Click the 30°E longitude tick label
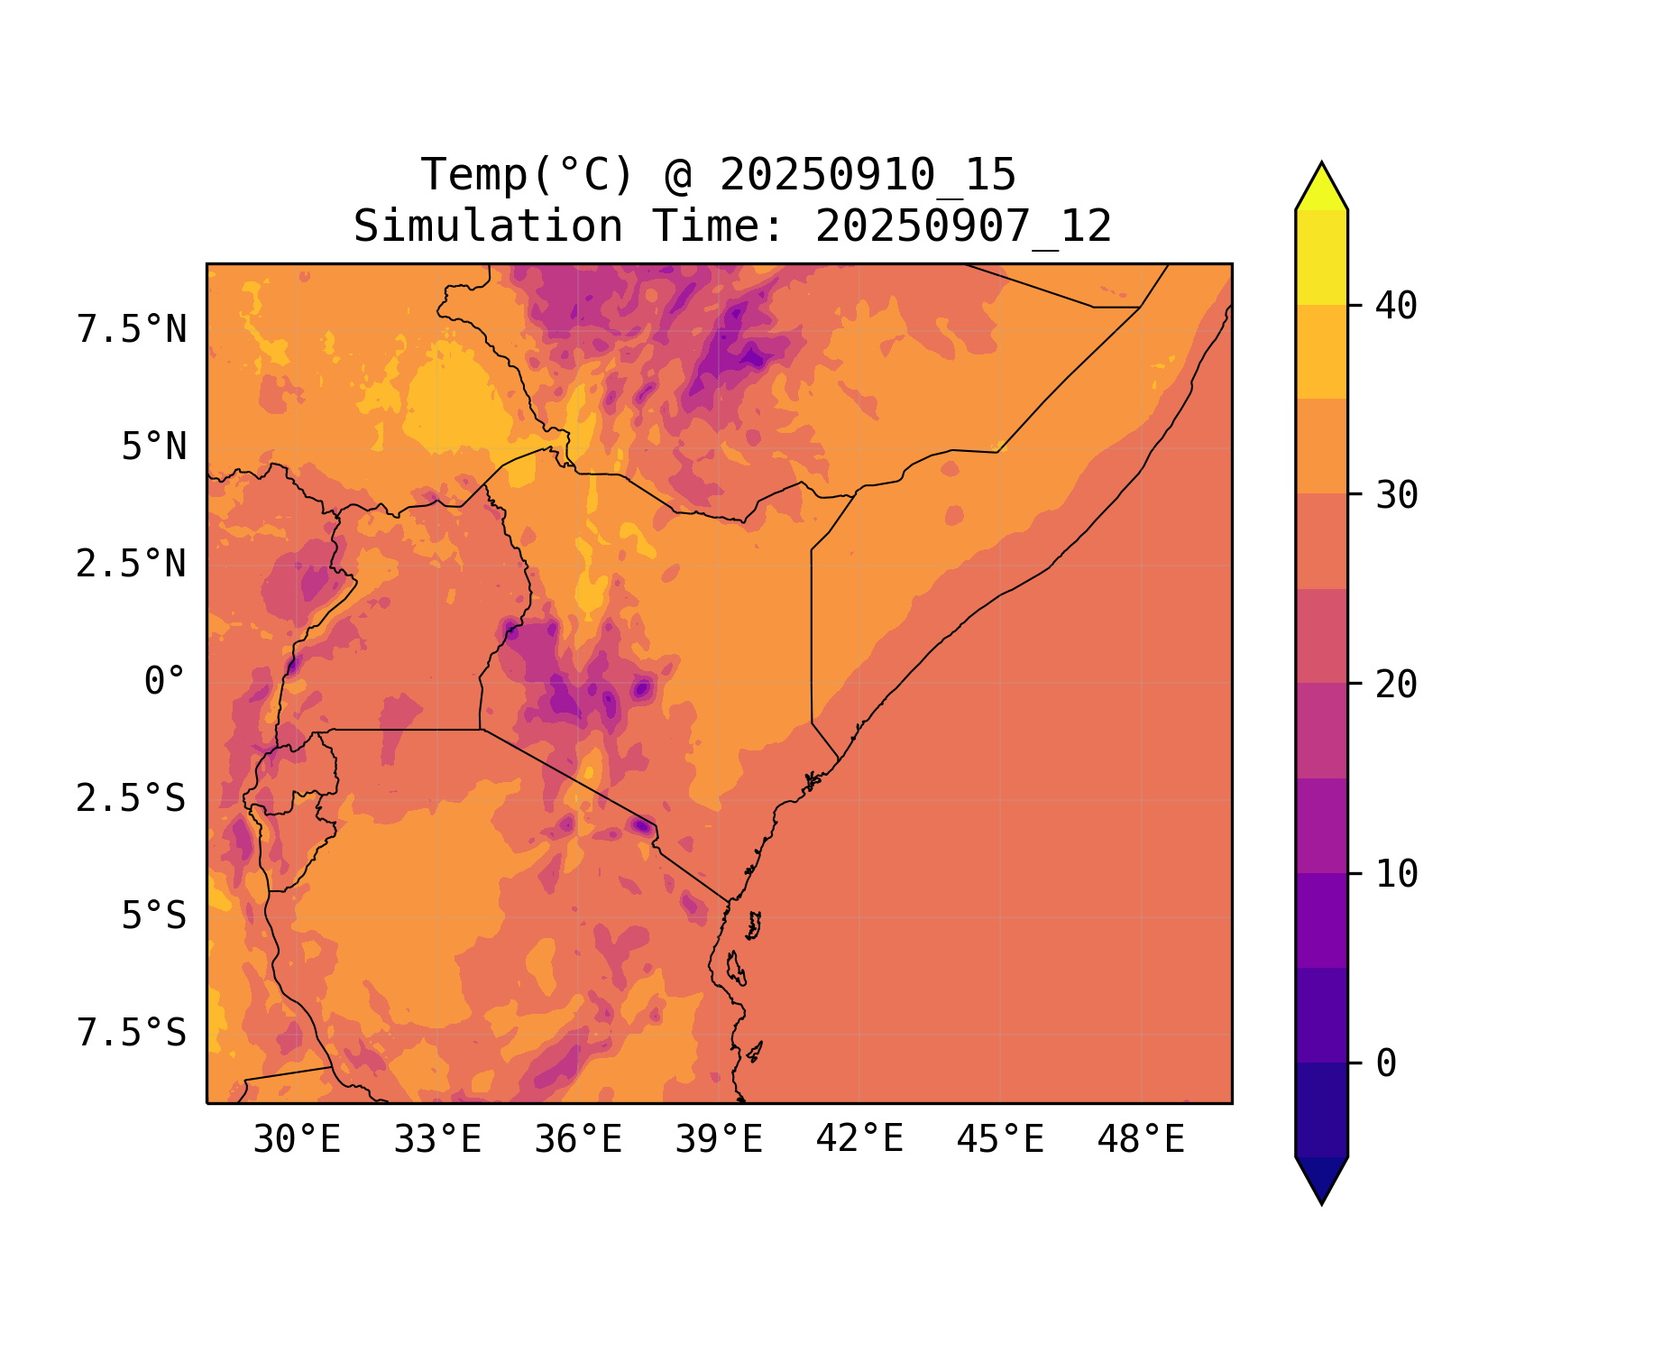pos(297,1140)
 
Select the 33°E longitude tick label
pos(437,1140)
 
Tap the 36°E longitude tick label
pos(578,1140)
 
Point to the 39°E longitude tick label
pos(719,1140)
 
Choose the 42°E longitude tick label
pos(859,1140)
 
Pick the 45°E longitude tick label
pos(1000,1140)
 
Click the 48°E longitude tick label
pos(1141,1140)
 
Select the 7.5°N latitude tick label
pos(132,330)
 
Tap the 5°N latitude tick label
pos(153,447)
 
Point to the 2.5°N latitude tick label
pos(132,565)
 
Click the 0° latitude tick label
pos(164,682)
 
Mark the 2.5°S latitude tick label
pos(132,799)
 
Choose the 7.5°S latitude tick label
pos(132,1034)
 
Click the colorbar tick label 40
pos(1396,306)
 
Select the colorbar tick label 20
pos(1396,685)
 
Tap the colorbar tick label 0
pos(1386,1064)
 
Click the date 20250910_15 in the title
pos(868,175)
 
